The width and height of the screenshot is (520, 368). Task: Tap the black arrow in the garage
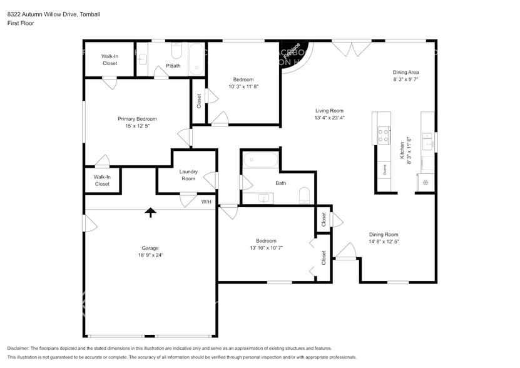150,213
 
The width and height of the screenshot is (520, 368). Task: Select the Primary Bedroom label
137,118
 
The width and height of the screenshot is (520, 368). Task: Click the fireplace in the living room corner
292,54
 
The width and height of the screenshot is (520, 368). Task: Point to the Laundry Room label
188,175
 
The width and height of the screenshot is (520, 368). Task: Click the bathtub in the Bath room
260,160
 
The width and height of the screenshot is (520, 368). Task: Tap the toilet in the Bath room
305,195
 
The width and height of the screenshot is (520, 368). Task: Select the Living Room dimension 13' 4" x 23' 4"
329,118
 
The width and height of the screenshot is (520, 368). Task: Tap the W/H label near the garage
206,202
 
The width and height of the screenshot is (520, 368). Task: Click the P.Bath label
173,66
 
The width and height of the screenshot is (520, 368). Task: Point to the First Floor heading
21,23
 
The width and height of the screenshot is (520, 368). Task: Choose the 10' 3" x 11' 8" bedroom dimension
243,86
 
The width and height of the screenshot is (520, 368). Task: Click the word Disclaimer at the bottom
20,348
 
